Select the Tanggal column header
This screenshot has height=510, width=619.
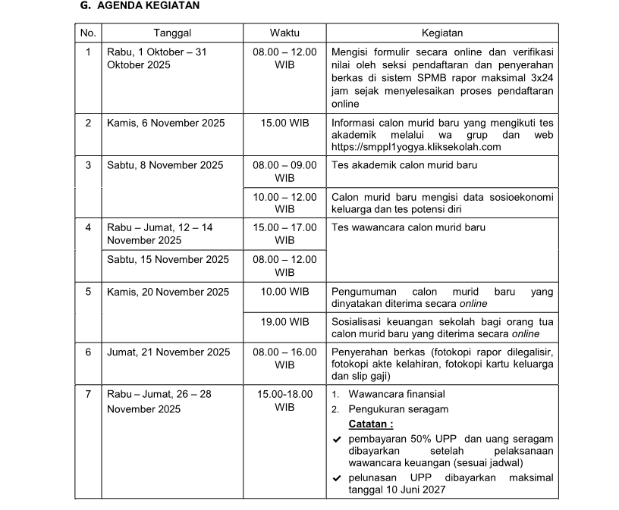pyautogui.click(x=172, y=33)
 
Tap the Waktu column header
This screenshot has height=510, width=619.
pyautogui.click(x=284, y=33)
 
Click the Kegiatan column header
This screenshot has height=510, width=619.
pyautogui.click(x=442, y=33)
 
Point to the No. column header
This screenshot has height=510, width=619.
pyautogui.click(x=88, y=33)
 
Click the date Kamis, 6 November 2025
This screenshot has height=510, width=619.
pyautogui.click(x=165, y=123)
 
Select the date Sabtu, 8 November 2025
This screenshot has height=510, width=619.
pyautogui.click(x=165, y=165)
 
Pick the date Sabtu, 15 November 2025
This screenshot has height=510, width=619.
pyautogui.click(x=168, y=260)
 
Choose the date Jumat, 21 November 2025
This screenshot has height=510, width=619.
pyautogui.click(x=168, y=352)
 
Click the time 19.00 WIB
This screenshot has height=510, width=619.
pyautogui.click(x=284, y=322)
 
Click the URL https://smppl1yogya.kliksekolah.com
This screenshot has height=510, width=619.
pyautogui.click(x=416, y=147)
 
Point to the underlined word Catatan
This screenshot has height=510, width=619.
pyautogui.click(x=371, y=424)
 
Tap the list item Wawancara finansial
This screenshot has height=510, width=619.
pyautogui.click(x=397, y=394)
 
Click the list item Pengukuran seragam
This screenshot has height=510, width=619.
pyautogui.click(x=398, y=409)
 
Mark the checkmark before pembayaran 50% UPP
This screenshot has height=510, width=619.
pyautogui.click(x=337, y=440)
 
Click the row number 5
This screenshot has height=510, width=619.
pyautogui.click(x=88, y=292)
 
